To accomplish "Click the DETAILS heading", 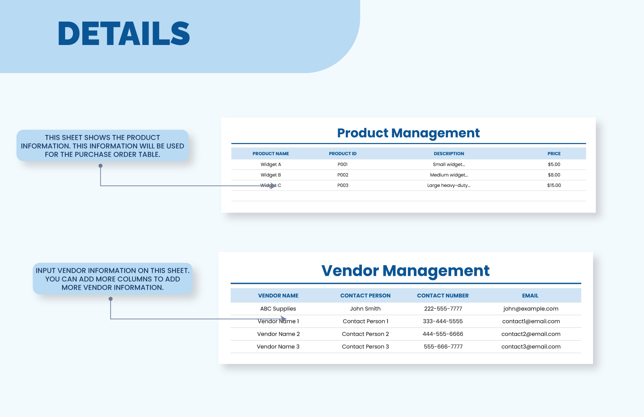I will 124,34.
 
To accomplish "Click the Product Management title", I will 408,133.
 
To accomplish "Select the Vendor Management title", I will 405,271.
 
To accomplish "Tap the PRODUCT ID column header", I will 342,154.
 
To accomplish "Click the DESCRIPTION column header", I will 449,154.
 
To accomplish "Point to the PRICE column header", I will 554,154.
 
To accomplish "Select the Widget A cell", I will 271,165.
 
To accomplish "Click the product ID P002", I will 342,175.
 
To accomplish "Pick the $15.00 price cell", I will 554,185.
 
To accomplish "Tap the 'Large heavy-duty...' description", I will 449,185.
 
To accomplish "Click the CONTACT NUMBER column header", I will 442,296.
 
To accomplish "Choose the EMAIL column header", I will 530,296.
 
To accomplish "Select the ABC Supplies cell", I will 278,309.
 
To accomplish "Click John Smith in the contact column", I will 365,309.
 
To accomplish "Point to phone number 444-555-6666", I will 443,334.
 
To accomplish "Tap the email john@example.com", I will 531,309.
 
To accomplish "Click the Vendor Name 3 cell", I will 278,347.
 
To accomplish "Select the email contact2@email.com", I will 531,334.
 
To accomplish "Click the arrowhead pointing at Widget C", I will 273,186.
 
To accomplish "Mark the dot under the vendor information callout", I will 111,299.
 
